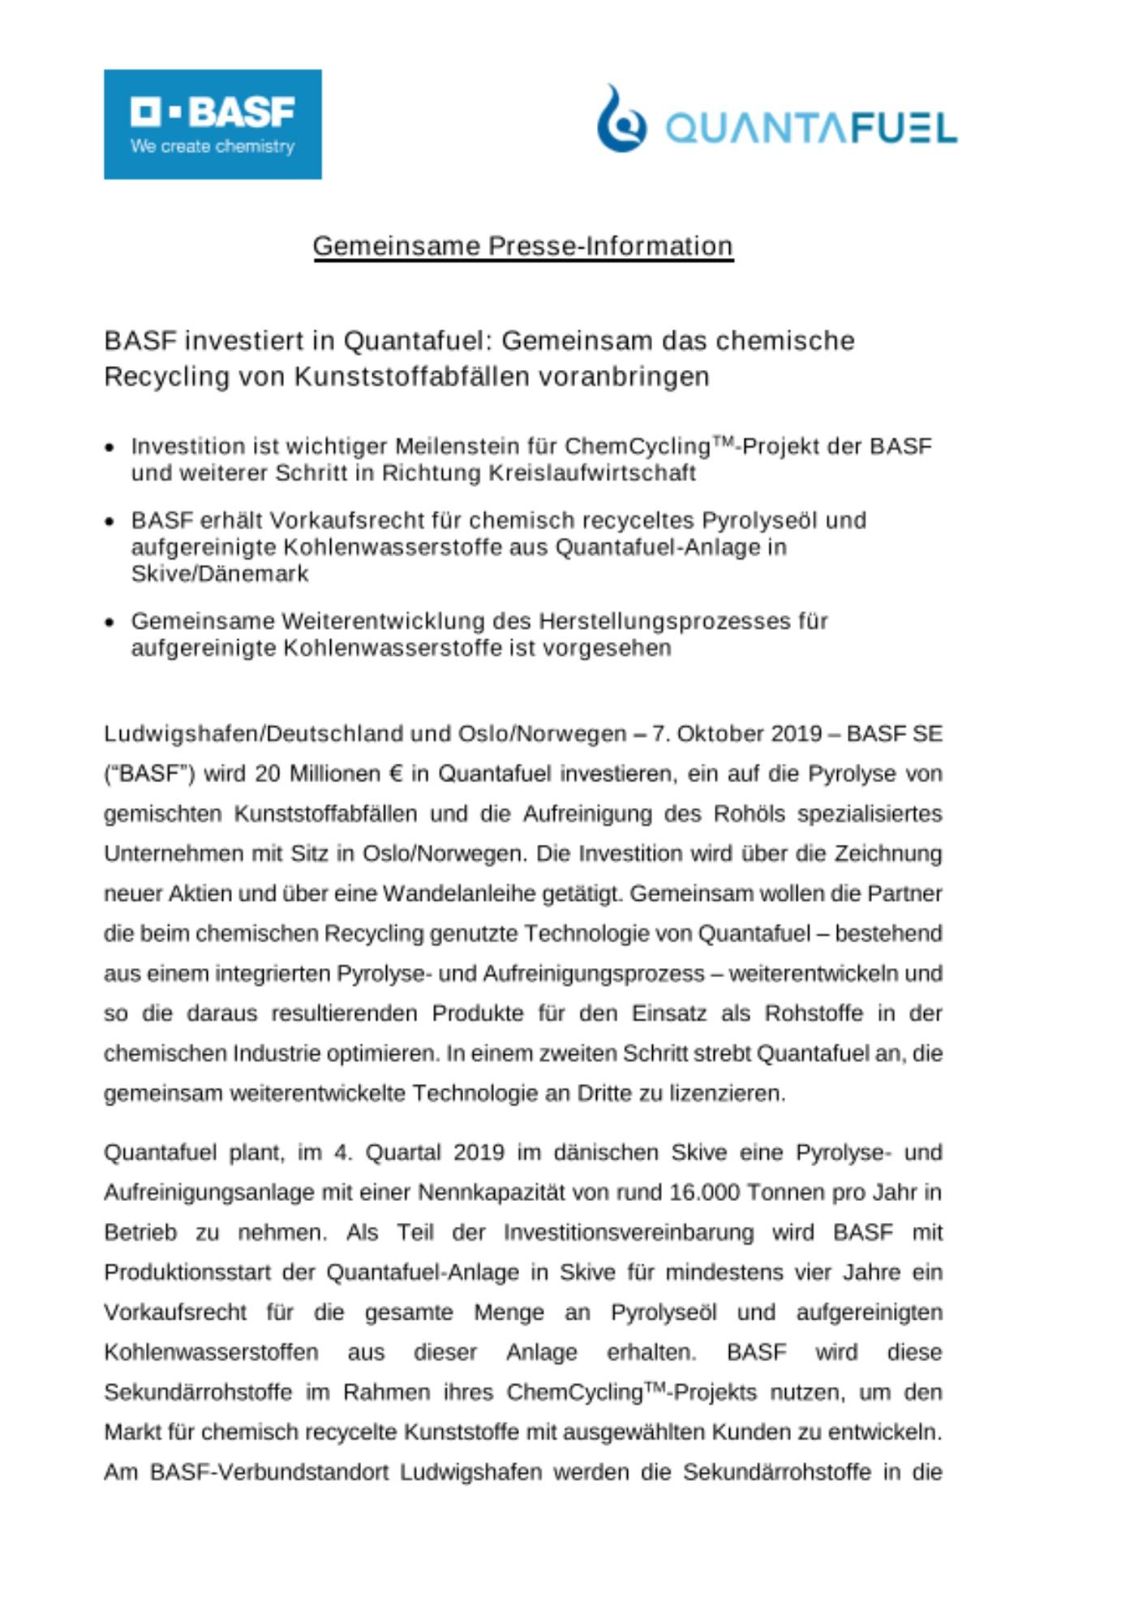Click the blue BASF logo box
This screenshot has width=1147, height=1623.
(213, 123)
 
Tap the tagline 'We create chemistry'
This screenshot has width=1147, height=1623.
(213, 147)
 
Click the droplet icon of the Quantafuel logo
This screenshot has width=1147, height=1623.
(621, 120)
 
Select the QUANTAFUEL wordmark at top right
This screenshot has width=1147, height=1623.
(811, 128)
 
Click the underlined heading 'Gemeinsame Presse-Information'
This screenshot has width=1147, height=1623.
(523, 246)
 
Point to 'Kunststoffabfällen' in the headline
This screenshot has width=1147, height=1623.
(420, 377)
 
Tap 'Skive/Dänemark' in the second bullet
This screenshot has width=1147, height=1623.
(220, 574)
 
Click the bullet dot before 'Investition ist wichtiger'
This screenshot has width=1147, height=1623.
(110, 447)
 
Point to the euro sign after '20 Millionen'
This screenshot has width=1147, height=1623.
(395, 773)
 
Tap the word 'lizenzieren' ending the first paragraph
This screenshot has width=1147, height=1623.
(726, 1093)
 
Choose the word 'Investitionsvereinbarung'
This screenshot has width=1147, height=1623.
(628, 1233)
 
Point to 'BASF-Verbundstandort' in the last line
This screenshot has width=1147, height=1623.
(269, 1472)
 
